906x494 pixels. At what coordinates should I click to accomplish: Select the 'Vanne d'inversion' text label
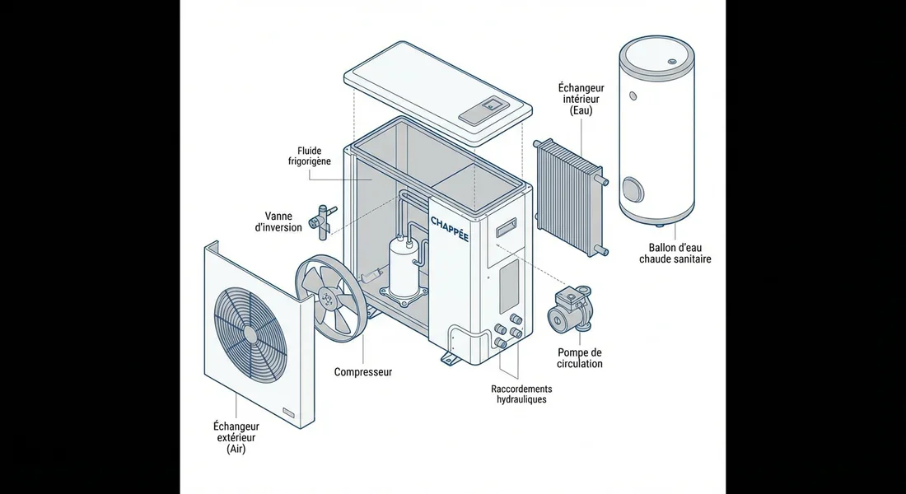pyautogui.click(x=278, y=221)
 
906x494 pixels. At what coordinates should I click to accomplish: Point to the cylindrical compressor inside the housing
pyautogui.click(x=404, y=268)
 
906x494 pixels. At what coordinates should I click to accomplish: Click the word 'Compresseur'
pyautogui.click(x=363, y=372)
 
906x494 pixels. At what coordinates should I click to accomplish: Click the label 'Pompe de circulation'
pyautogui.click(x=581, y=358)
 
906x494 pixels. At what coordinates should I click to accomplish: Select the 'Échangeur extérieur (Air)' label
pyautogui.click(x=236, y=438)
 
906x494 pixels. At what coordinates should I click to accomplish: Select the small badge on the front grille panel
pyautogui.click(x=289, y=412)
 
